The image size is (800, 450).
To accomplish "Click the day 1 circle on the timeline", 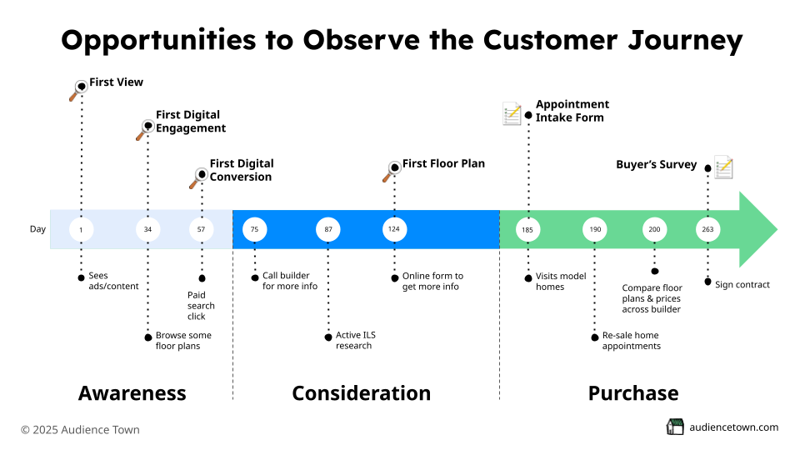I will [x=81, y=229].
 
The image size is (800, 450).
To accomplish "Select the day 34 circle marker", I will [x=147, y=229].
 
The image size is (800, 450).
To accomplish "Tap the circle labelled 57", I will [x=201, y=229].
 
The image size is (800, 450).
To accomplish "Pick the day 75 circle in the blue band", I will [x=254, y=229].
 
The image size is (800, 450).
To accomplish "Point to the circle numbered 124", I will [x=394, y=229].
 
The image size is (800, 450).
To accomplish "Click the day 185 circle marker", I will [x=527, y=229].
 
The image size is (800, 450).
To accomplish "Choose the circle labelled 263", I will [x=707, y=229].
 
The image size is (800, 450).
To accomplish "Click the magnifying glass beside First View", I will [x=77, y=89].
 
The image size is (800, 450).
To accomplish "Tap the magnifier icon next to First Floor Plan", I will [x=391, y=171].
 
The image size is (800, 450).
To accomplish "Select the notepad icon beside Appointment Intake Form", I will [x=512, y=113].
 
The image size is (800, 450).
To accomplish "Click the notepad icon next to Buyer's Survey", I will [x=723, y=167].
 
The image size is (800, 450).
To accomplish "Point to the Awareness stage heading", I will [x=132, y=393].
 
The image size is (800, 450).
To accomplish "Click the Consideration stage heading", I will [x=361, y=393].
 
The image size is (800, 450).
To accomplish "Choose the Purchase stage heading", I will [x=633, y=393].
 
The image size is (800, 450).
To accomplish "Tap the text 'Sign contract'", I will [x=742, y=284].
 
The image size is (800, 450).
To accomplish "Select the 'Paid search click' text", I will [x=201, y=305].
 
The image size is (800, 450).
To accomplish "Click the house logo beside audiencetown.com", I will [x=675, y=427].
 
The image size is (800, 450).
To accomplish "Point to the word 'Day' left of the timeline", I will [x=38, y=229].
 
